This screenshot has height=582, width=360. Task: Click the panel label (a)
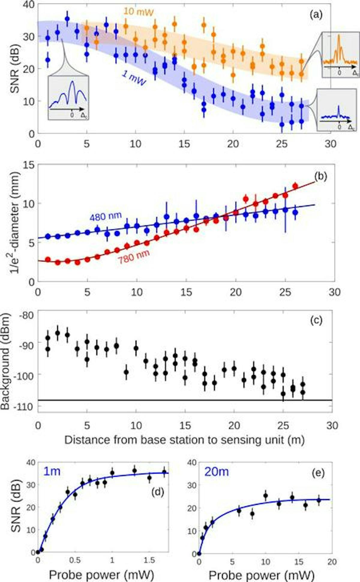(x=316, y=14)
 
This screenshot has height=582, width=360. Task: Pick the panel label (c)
(x=316, y=320)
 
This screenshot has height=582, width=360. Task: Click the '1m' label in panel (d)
(x=52, y=471)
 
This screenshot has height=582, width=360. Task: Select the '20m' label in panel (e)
(x=216, y=472)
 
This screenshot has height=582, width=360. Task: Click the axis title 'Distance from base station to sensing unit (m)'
(x=184, y=440)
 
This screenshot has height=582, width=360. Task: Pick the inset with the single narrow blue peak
(x=337, y=110)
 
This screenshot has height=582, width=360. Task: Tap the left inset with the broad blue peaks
(x=68, y=98)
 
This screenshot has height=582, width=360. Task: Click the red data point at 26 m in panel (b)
(x=295, y=186)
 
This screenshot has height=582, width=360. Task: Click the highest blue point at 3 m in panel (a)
(x=67, y=19)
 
